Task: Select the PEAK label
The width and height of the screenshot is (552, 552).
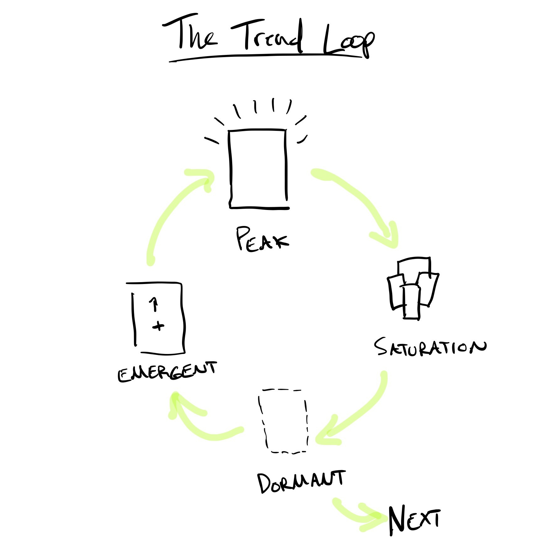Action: click(x=262, y=240)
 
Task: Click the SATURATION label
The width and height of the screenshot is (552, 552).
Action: click(x=430, y=347)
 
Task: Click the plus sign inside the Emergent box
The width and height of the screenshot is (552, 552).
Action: click(x=158, y=326)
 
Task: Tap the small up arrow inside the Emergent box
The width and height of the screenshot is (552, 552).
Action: click(x=154, y=304)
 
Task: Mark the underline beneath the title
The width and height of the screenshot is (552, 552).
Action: click(x=265, y=57)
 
